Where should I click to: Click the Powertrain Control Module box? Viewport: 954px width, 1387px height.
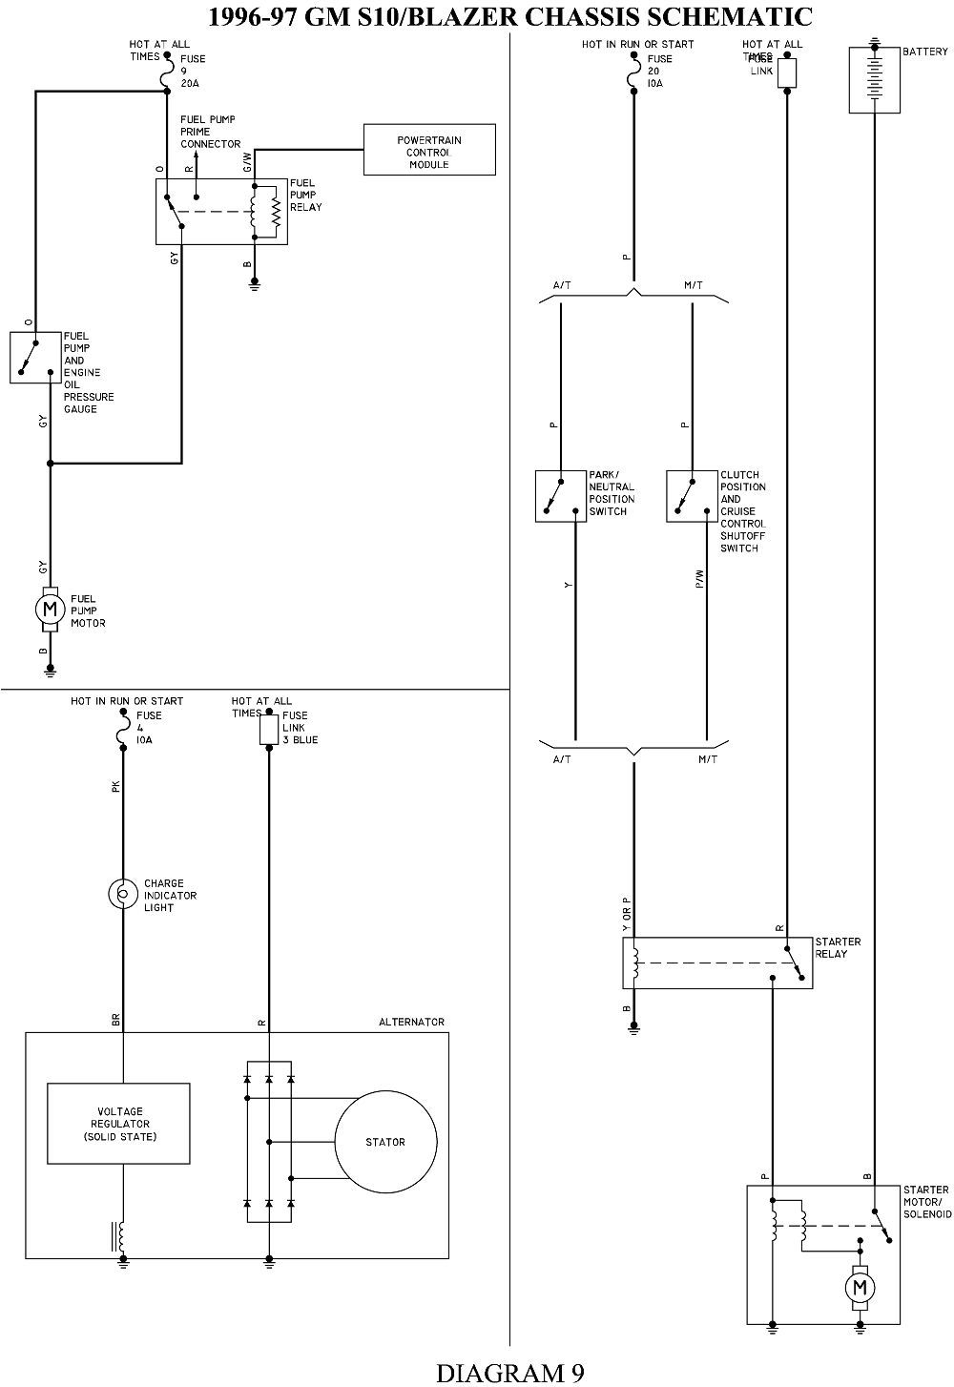429,150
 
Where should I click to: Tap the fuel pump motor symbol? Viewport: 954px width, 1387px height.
51,609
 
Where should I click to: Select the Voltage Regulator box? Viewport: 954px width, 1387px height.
118,1124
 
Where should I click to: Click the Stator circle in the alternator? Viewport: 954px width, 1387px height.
385,1142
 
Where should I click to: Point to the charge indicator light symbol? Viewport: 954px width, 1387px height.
123,894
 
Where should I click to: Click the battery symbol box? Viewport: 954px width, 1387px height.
874,80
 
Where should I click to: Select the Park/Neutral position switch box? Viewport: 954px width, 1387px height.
560,496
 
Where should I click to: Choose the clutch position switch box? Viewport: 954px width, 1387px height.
692,496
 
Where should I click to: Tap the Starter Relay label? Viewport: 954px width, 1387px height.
838,947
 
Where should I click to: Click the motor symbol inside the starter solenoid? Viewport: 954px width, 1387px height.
860,1288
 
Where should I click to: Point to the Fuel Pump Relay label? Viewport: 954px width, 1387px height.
306,195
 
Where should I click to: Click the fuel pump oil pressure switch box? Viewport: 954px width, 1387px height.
35,358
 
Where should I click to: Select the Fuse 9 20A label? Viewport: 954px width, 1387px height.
193,71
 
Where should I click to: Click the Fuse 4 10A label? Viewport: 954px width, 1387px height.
148,727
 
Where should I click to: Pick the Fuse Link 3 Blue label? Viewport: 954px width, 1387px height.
300,727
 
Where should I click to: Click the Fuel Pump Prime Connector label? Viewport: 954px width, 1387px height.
210,132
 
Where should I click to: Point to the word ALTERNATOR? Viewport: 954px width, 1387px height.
411,1022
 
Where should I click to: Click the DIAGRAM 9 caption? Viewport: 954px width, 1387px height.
510,1372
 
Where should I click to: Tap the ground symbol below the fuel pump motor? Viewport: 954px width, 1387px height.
51,671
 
